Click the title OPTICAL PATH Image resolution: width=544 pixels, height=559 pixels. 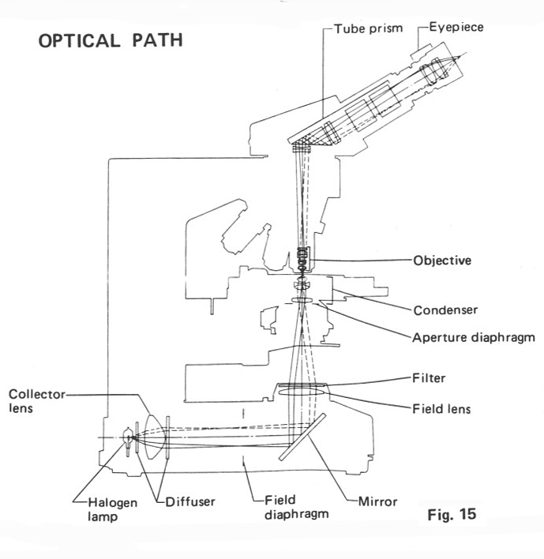point(111,39)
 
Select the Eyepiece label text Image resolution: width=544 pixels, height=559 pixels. point(456,27)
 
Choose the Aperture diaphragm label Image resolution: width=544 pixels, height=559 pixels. point(474,337)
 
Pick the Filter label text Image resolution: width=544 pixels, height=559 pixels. point(430,378)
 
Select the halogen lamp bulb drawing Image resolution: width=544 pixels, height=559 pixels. point(127,436)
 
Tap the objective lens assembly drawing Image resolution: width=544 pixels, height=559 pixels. point(301,259)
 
